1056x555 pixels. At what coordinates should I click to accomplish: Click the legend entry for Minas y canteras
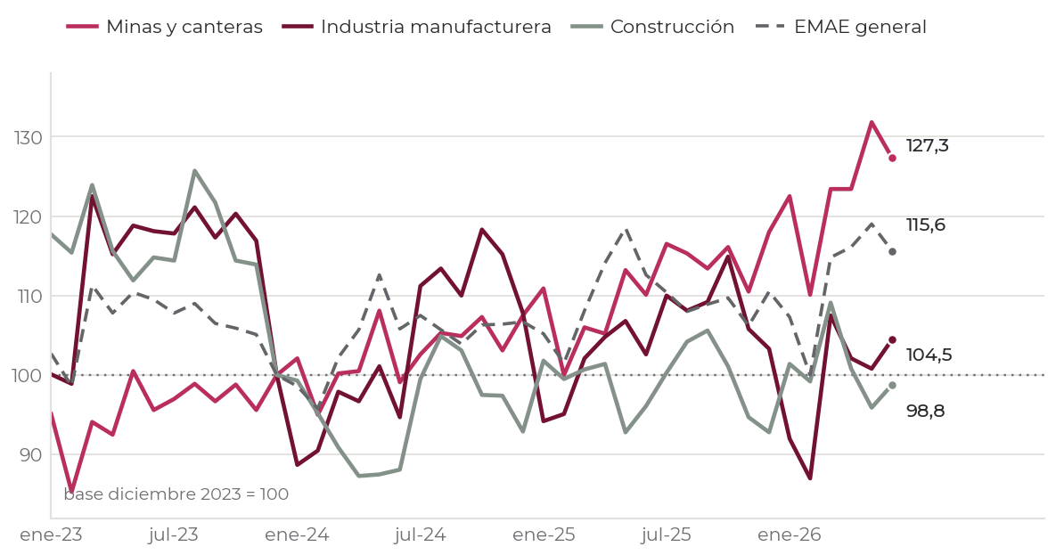point(164,27)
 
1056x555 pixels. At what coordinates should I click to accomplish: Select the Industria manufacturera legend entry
point(416,27)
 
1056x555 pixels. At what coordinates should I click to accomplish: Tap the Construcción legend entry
point(652,27)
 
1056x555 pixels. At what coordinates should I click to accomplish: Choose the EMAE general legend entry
point(840,27)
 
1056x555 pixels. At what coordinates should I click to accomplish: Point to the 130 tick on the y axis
point(28,137)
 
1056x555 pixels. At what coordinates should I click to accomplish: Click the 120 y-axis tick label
point(28,216)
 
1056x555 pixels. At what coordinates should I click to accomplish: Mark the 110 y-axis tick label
point(28,297)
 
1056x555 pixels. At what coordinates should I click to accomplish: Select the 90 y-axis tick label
point(30,454)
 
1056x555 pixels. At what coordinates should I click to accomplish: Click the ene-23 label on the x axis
point(51,535)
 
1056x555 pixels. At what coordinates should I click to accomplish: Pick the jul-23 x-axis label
point(174,535)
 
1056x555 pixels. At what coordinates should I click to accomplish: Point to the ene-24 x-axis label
point(297,535)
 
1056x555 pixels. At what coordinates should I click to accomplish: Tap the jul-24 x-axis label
point(421,535)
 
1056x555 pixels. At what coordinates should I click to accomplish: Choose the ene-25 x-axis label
point(544,535)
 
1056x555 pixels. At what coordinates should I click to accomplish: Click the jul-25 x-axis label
point(666,535)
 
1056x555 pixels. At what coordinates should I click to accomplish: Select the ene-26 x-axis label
point(790,535)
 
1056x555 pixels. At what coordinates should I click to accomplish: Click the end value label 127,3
point(928,145)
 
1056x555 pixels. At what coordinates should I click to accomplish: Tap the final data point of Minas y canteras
point(892,159)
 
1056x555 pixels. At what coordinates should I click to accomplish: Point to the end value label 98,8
point(925,411)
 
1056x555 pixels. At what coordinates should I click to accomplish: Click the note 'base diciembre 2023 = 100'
point(176,494)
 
